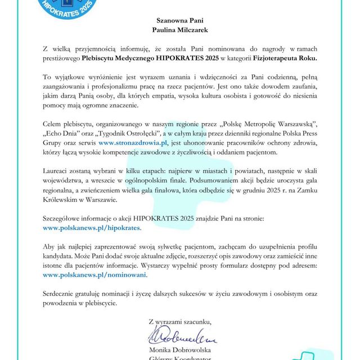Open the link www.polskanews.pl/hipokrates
[x=92, y=229]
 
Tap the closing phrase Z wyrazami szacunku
[x=180, y=322]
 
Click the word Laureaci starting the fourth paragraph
[x=58, y=169]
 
